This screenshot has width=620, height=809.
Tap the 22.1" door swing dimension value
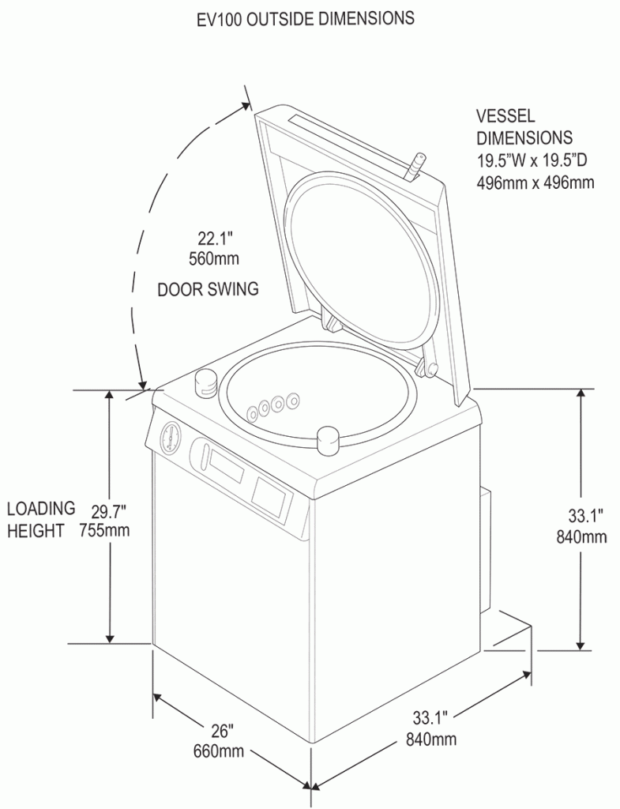214,237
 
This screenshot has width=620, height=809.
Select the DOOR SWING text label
208,289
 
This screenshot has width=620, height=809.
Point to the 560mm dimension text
214,258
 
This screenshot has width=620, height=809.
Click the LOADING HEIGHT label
41,519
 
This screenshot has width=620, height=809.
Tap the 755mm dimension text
104,529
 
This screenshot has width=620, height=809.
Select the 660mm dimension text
218,751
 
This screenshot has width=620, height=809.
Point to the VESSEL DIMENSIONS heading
524,126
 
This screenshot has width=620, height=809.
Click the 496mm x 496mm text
535,182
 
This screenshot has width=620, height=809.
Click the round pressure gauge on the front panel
171,437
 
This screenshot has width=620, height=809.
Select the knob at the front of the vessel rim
328,441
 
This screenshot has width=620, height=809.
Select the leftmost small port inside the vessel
253,412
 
